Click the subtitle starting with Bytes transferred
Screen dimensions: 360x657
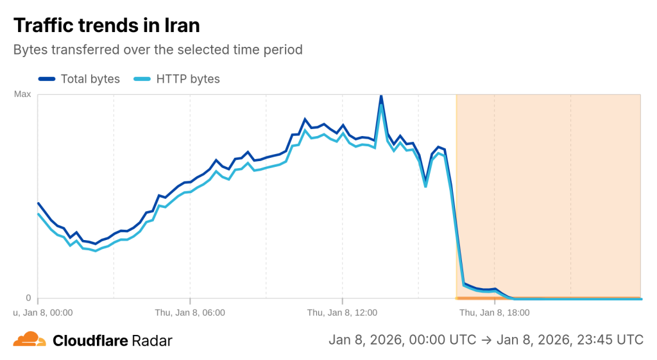[158, 49]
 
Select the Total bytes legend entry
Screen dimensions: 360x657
[90, 79]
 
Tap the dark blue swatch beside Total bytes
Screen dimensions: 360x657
[47, 79]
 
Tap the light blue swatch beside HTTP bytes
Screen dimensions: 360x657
[142, 79]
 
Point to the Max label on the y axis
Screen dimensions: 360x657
[22, 94]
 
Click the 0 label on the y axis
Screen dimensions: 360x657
[28, 298]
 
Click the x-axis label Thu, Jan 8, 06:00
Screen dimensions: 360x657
[190, 313]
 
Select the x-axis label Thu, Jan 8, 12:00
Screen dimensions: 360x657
[342, 313]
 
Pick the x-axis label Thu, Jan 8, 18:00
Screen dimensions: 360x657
[494, 313]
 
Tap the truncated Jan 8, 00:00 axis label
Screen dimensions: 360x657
[43, 313]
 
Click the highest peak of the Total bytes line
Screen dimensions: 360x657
[381, 96]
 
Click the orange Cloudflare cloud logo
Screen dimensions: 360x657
[30, 339]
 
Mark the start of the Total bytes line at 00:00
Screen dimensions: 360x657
[38, 203]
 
